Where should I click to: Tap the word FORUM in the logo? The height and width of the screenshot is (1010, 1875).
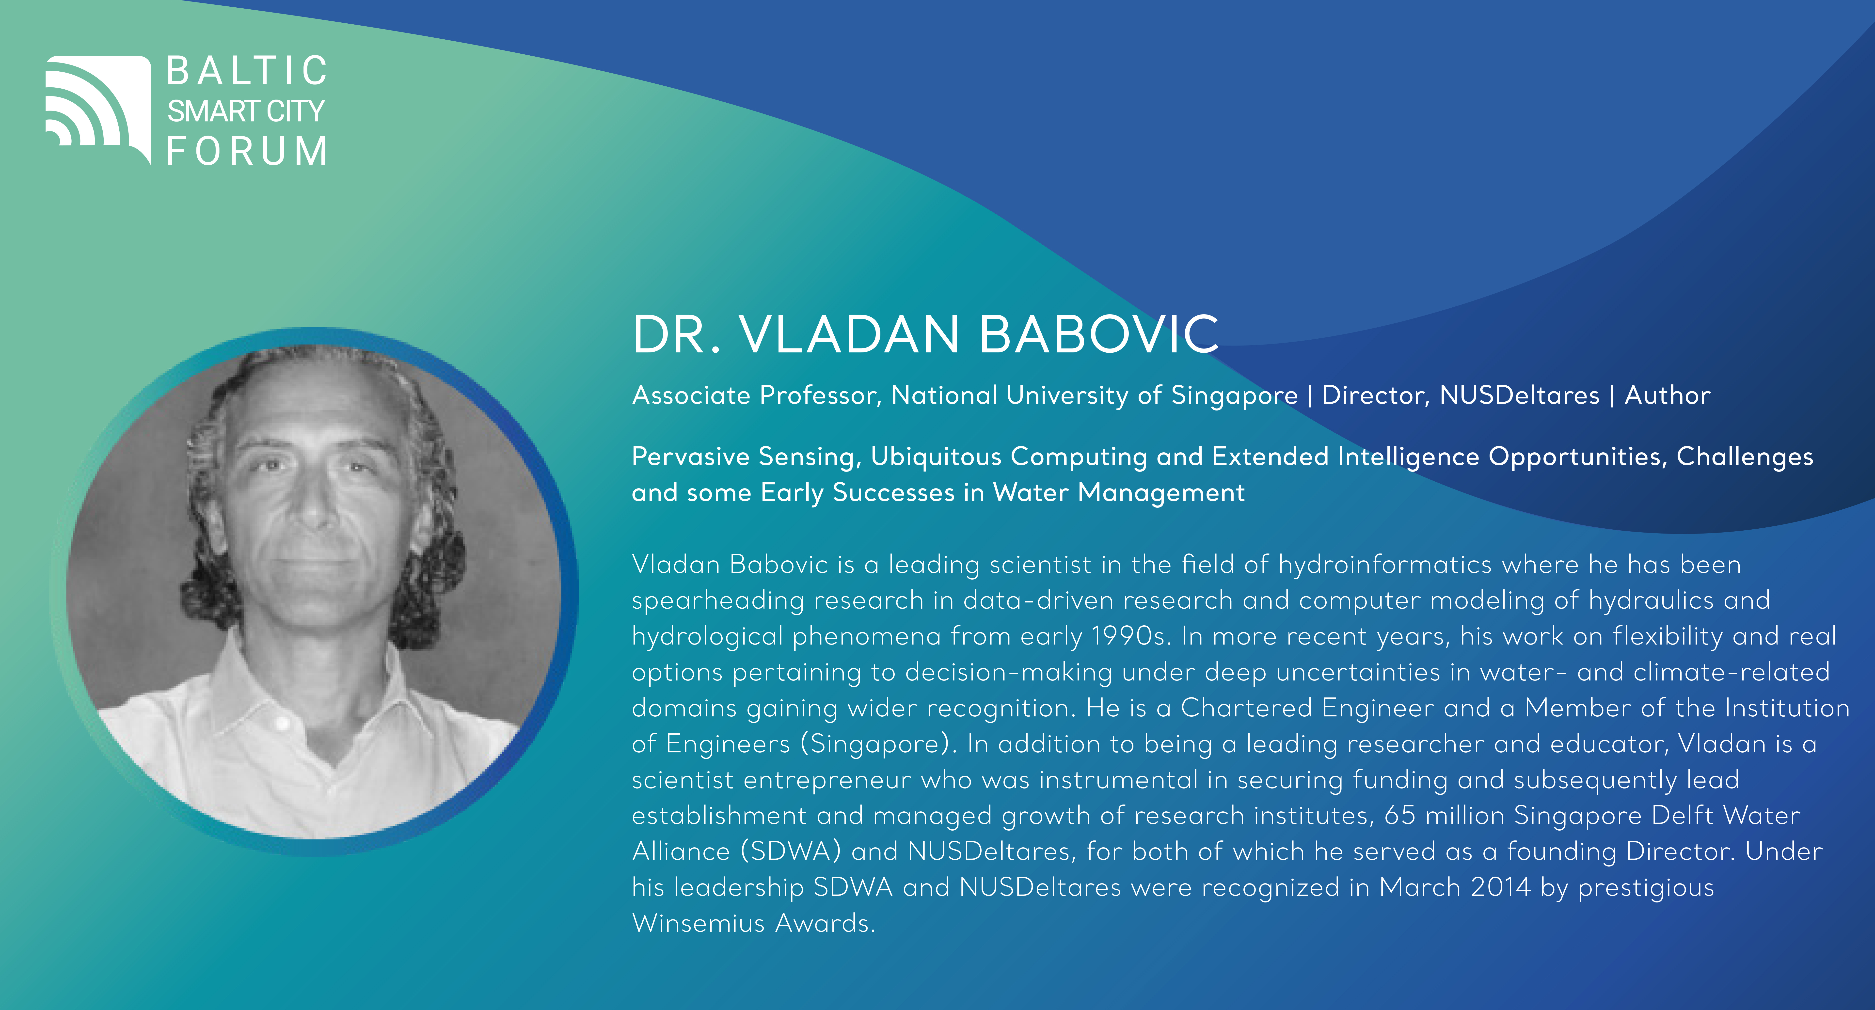(247, 151)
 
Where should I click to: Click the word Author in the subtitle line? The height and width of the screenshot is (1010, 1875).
(1667, 395)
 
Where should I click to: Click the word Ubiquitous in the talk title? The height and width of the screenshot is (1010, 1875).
(936, 457)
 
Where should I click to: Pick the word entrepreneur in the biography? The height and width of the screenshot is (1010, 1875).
(827, 780)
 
